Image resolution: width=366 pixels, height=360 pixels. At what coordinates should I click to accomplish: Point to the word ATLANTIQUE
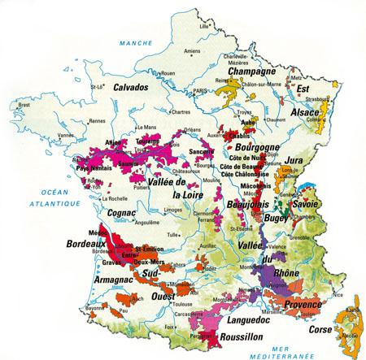point(28,199)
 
